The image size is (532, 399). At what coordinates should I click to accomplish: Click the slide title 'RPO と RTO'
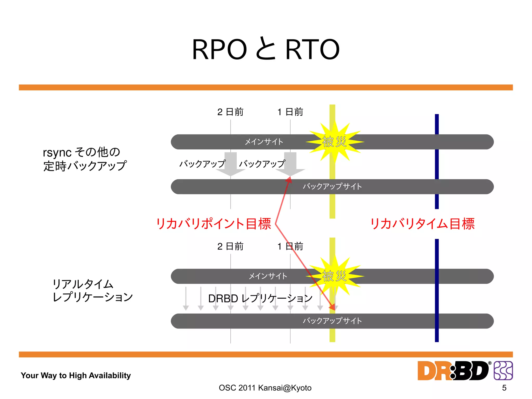click(266, 49)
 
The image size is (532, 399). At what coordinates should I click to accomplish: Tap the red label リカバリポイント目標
click(214, 224)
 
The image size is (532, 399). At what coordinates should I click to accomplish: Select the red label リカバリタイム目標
click(422, 224)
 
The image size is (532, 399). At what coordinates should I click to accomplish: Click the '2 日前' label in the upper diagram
click(230, 112)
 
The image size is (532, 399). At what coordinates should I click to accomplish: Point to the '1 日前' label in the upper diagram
click(290, 112)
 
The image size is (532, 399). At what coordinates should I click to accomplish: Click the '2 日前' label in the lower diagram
click(230, 246)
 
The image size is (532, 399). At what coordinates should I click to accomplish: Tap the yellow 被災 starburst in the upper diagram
click(334, 142)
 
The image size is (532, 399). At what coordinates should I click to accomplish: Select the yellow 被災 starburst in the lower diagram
click(334, 276)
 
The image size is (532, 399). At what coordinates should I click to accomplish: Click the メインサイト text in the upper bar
click(264, 142)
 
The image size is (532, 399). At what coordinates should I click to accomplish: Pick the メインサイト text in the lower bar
click(268, 276)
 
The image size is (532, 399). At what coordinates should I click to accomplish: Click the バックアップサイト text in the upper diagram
click(332, 186)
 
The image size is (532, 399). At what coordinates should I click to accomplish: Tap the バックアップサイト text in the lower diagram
click(332, 321)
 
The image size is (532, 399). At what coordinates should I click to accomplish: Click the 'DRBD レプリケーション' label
click(260, 298)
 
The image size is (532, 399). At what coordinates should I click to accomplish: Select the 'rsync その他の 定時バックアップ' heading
click(84, 159)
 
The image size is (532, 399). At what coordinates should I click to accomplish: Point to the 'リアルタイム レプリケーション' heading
click(92, 291)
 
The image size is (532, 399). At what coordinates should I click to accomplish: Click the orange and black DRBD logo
click(453, 371)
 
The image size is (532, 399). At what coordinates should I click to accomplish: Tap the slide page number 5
click(504, 388)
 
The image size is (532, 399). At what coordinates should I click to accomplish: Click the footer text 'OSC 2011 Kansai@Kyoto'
click(265, 388)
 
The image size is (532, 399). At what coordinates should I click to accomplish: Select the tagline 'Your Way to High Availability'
click(76, 375)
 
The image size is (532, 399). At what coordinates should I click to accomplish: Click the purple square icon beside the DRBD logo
click(503, 371)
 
